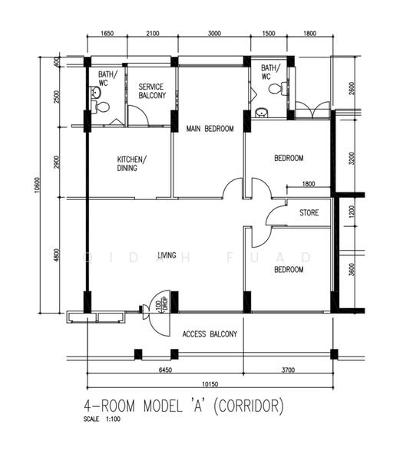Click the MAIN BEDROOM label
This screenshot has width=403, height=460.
[x=210, y=129]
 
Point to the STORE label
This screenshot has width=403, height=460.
[x=309, y=213]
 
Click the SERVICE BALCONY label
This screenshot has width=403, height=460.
[x=150, y=92]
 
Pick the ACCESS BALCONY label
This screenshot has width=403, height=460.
[x=210, y=334]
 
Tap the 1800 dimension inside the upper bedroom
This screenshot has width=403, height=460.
[x=308, y=184]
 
